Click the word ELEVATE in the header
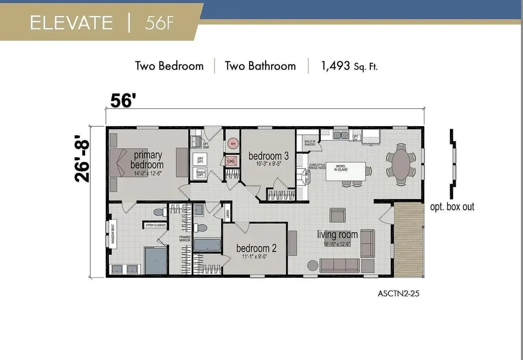(71, 23)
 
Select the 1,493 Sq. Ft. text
(349, 66)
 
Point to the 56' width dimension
(123, 101)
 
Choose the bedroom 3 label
(268, 156)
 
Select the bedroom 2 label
(256, 248)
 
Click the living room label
(337, 235)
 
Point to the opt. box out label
(452, 207)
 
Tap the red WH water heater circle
(233, 143)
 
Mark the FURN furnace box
(231, 162)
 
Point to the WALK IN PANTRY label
(310, 143)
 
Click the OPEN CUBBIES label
(156, 225)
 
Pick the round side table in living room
(312, 265)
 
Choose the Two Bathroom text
(260, 66)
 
